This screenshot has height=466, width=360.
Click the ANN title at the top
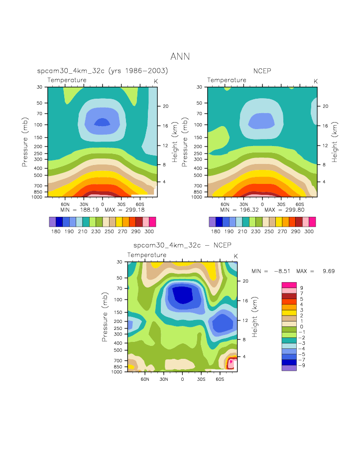pos(180,56)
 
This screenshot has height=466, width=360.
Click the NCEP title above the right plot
pos(261,71)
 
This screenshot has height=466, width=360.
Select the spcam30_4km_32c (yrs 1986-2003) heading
pos(103,71)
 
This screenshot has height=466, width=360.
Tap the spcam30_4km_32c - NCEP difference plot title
pos(182,245)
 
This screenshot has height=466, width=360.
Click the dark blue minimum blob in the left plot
pos(102,122)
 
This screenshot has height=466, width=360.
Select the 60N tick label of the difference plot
pos(145,379)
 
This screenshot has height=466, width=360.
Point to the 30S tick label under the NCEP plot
pos(282,204)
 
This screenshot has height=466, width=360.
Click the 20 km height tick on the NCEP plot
pos(325,106)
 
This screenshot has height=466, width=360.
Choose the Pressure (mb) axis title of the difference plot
pos(105,317)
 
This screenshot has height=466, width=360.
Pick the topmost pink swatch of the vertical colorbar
pos(289,284)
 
